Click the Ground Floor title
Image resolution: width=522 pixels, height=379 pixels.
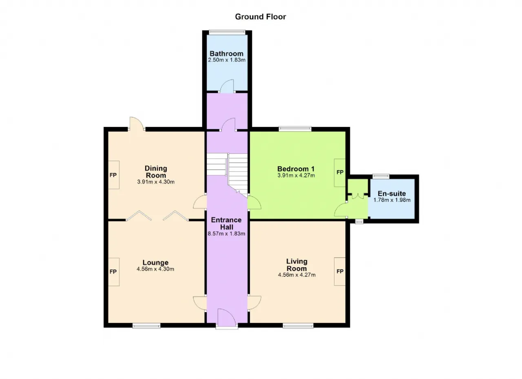point(260,17)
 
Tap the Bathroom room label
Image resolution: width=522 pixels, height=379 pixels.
point(226,53)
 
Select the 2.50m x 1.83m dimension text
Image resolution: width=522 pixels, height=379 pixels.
point(226,60)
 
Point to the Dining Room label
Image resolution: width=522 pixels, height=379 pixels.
point(156,172)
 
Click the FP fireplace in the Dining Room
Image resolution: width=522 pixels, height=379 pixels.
point(114,175)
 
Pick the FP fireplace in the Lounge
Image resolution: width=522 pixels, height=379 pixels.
point(114,272)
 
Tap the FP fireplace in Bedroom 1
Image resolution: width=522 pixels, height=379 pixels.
point(340,173)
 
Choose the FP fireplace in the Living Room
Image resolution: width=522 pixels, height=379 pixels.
point(340,271)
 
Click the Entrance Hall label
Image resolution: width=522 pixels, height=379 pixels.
point(226,223)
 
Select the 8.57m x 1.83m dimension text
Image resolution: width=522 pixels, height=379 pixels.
point(226,234)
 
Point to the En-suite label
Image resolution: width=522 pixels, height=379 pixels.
point(392,193)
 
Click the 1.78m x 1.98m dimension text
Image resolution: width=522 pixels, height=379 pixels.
point(392,200)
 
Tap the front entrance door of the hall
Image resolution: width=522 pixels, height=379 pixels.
point(227,319)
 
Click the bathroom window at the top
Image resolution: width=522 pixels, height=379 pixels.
point(227,32)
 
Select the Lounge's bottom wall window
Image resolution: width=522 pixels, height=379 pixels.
point(146,326)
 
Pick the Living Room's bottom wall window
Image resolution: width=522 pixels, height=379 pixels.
point(298,326)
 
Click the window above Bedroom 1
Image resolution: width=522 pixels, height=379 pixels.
point(295,129)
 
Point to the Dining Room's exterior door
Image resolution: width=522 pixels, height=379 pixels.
point(137,124)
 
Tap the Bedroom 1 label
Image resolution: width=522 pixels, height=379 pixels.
point(296,169)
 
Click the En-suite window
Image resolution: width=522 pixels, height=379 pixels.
point(381,176)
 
